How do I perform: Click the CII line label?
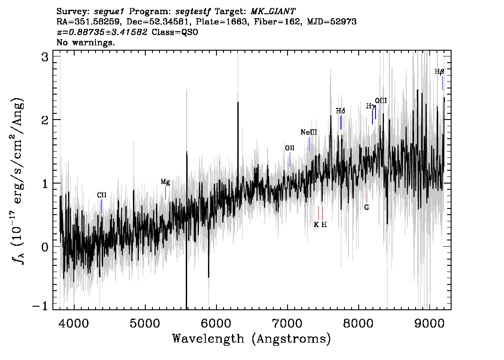[x=102, y=195]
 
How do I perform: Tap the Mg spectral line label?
[x=165, y=182]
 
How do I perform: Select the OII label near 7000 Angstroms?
[x=290, y=148]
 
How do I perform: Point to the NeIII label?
[x=309, y=132]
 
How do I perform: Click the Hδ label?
[x=341, y=111]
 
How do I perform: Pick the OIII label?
[x=381, y=100]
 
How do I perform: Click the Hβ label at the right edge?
[x=440, y=72]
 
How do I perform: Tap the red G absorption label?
[x=366, y=207]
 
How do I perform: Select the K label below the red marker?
[x=316, y=225]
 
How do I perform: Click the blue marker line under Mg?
[x=165, y=193]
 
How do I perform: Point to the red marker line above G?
[x=366, y=196]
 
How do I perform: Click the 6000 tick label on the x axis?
[x=216, y=323]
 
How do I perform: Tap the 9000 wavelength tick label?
[x=430, y=323]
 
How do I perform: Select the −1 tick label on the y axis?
[x=40, y=306]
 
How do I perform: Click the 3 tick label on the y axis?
[x=45, y=57]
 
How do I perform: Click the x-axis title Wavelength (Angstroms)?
[x=252, y=339]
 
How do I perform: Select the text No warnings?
[x=86, y=42]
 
